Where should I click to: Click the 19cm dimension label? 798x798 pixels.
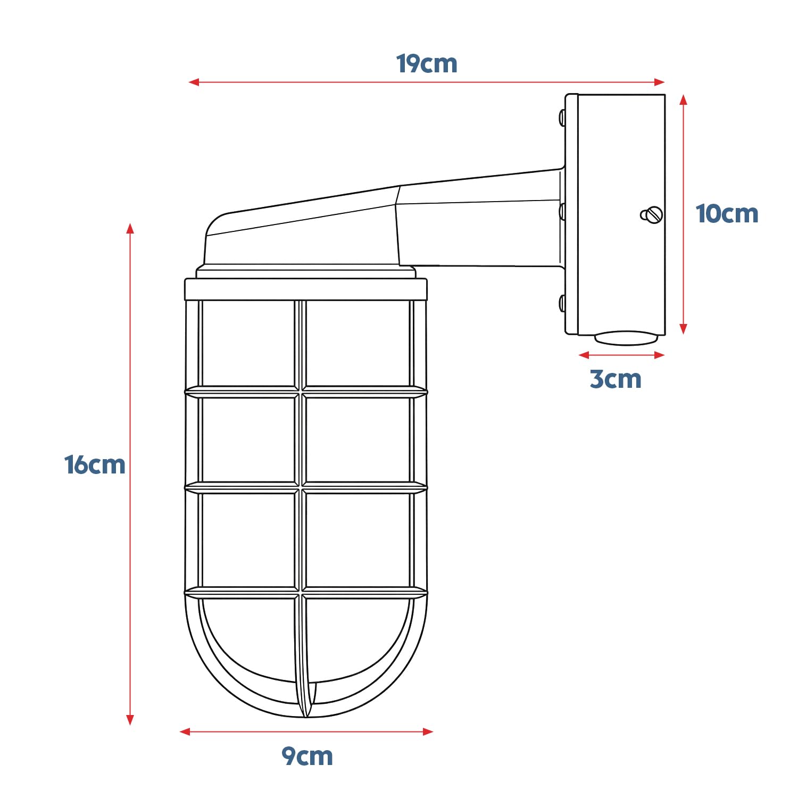pyautogui.click(x=427, y=64)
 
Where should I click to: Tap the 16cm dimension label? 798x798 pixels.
pyautogui.click(x=95, y=465)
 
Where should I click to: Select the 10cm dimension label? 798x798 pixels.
pyautogui.click(x=727, y=214)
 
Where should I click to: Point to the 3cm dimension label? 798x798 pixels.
pyautogui.click(x=616, y=379)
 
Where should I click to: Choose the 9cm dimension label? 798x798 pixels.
pyautogui.click(x=307, y=756)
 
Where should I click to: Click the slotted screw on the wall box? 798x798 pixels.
pyautogui.click(x=652, y=215)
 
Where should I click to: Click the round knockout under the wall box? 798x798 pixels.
pyautogui.click(x=626, y=338)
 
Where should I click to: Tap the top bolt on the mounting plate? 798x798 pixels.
pyautogui.click(x=562, y=118)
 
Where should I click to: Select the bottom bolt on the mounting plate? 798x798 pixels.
pyautogui.click(x=562, y=303)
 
